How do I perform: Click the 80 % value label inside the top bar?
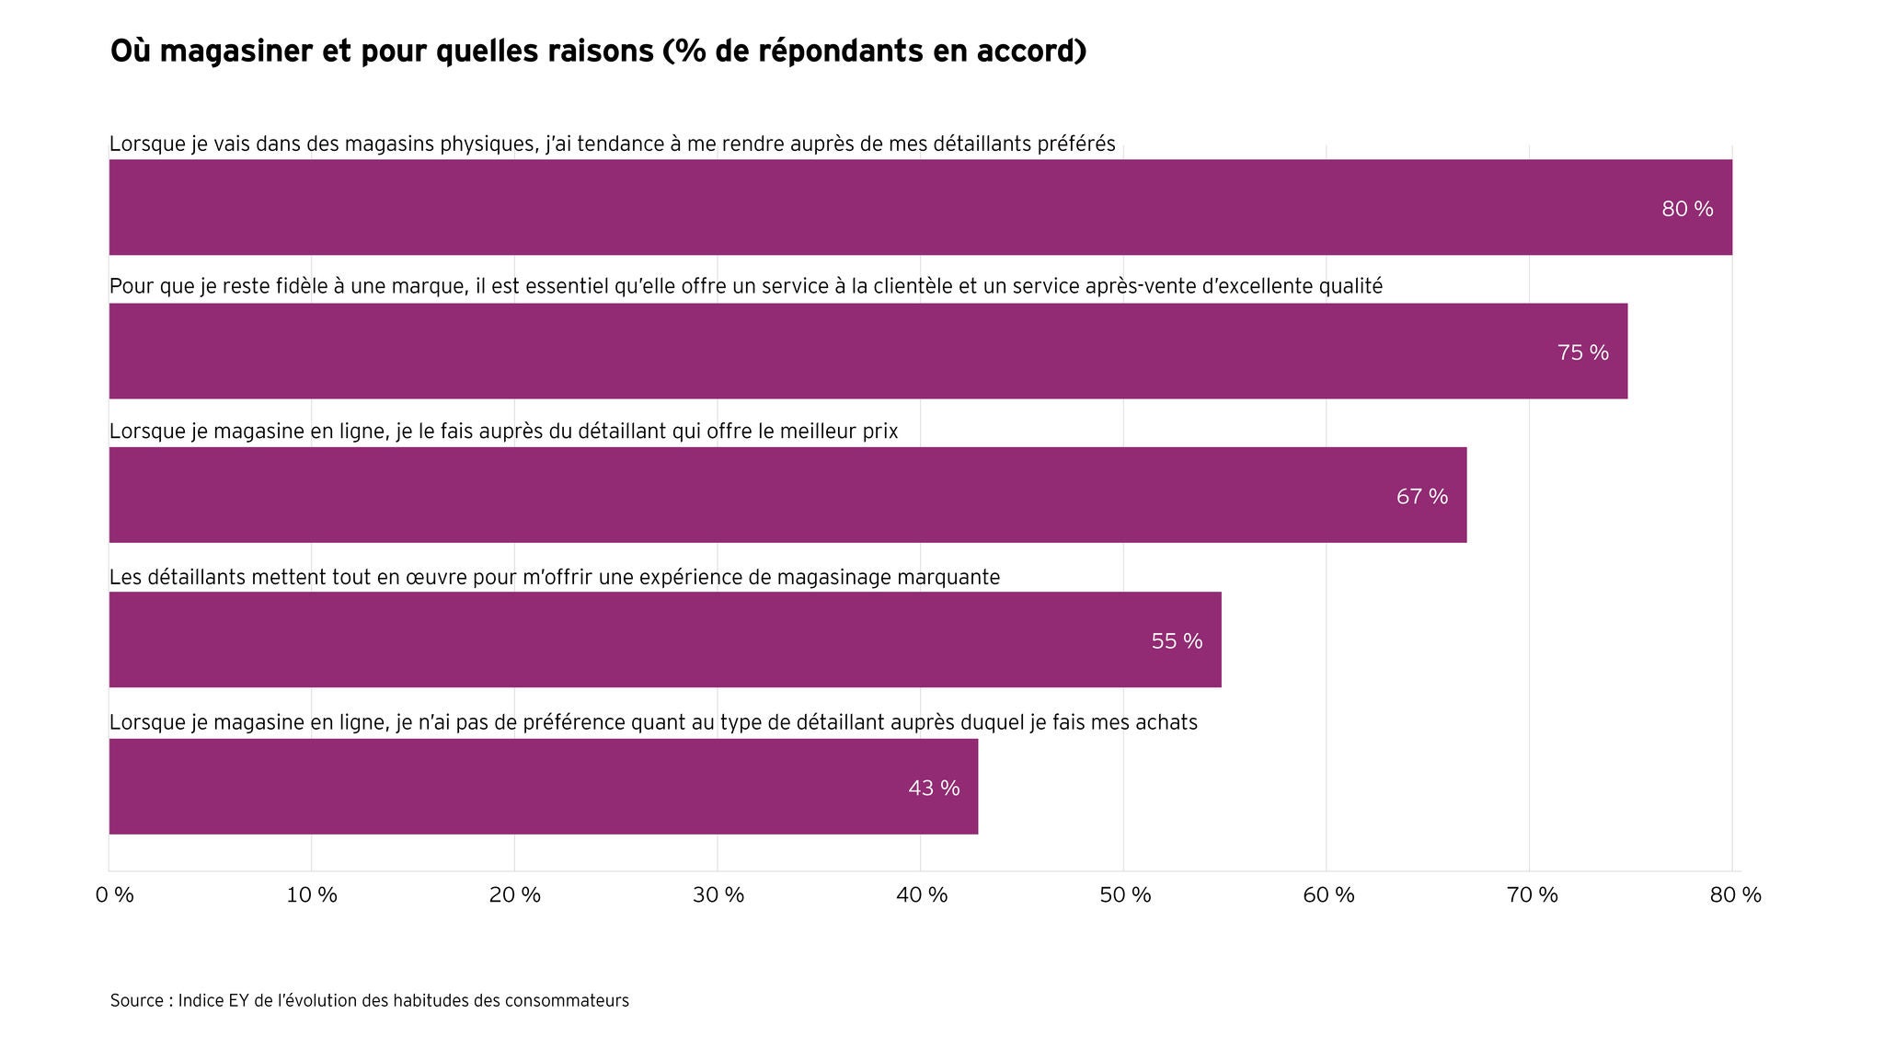(x=1687, y=209)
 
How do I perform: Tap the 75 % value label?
(x=1583, y=352)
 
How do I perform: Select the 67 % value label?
(x=1422, y=497)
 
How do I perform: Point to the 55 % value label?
(x=1177, y=641)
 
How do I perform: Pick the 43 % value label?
(x=934, y=789)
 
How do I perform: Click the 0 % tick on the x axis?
(x=115, y=895)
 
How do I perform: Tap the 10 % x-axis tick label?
(x=312, y=895)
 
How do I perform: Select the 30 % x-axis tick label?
(x=718, y=895)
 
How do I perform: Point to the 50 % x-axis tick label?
(x=1125, y=895)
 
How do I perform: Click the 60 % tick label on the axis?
(x=1328, y=895)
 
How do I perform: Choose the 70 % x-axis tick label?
(x=1532, y=895)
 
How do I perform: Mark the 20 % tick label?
(x=515, y=895)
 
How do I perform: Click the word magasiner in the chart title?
(x=236, y=52)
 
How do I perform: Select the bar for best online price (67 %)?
(x=787, y=495)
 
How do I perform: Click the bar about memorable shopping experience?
(x=665, y=639)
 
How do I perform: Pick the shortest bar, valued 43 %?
(x=544, y=787)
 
